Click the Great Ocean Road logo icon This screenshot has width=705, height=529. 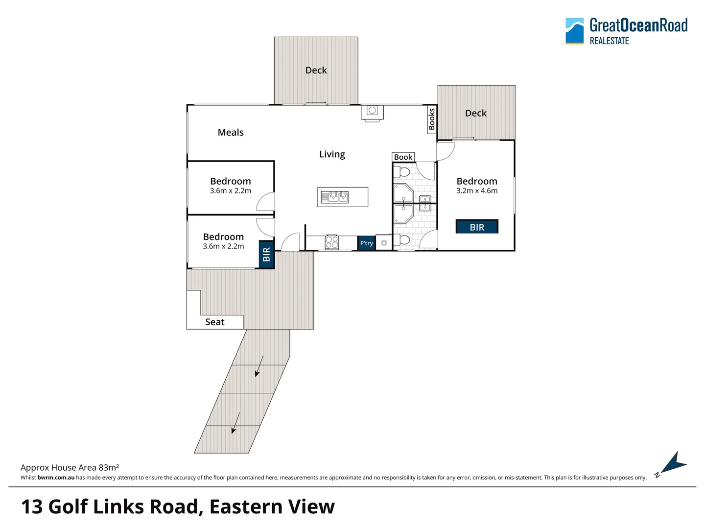coord(574,31)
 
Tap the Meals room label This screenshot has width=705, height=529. coord(231,132)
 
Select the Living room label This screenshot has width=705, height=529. coord(332,154)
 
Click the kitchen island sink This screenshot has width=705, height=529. coord(335,197)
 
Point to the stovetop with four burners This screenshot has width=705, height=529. coord(332,242)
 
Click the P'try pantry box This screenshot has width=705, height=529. coord(366,243)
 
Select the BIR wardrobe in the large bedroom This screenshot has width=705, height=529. coord(477,227)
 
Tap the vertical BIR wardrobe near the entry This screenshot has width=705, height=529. coord(266,255)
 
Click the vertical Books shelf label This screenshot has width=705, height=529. coord(432,120)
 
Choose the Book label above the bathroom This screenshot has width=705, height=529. coord(403,157)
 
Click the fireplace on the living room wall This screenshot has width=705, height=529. coord(372,112)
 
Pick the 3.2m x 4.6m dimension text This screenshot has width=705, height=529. coord(477,191)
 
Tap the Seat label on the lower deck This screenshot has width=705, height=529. coord(214,322)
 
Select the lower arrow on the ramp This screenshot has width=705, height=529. coord(235,423)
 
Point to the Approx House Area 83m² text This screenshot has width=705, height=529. coord(70,467)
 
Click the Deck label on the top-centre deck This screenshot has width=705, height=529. coord(316,70)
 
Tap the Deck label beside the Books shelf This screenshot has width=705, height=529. coord(475,113)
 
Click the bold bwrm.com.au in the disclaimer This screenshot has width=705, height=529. coord(56,478)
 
